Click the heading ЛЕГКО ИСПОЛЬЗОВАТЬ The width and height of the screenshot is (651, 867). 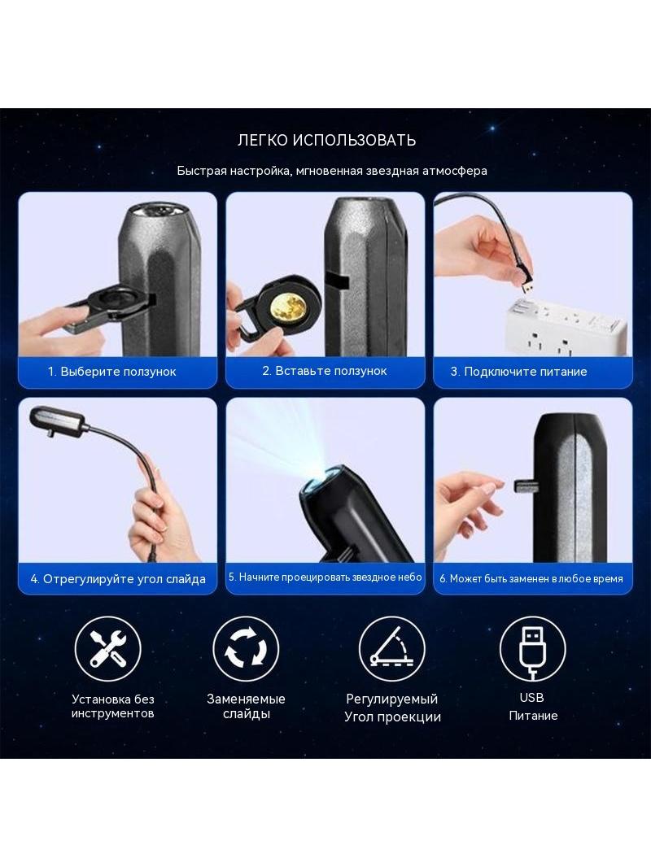(326, 140)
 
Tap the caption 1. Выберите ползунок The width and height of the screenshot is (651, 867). (111, 372)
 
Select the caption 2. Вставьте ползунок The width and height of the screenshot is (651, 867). (325, 371)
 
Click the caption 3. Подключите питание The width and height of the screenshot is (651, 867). (518, 372)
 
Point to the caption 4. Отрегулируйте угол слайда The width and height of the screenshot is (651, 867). (118, 579)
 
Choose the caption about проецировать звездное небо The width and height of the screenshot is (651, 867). (325, 577)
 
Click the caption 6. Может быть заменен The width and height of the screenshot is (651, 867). (531, 579)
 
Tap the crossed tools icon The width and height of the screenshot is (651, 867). (108, 648)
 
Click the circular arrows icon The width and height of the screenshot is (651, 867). (246, 648)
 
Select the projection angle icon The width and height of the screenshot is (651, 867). (391, 648)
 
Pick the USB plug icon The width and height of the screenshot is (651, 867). (532, 648)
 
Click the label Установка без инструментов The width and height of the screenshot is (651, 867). (113, 706)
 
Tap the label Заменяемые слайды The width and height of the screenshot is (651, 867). (246, 706)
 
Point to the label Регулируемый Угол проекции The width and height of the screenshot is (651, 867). (392, 708)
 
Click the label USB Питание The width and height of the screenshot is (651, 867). (533, 707)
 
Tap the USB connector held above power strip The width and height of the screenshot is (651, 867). (527, 285)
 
